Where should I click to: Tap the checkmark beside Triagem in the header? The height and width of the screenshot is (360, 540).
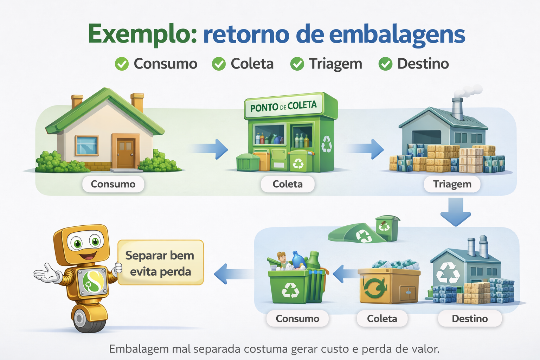click(297, 64)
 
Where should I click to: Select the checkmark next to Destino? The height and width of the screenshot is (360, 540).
click(385, 64)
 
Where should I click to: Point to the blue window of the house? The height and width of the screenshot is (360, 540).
click(86, 145)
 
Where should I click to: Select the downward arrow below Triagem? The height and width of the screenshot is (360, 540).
click(456, 212)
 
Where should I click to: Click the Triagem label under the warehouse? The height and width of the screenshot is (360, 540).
click(452, 184)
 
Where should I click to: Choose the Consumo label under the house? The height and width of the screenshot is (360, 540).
click(113, 184)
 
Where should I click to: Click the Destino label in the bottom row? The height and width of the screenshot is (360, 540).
click(470, 319)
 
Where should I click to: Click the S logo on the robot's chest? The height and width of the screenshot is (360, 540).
click(93, 282)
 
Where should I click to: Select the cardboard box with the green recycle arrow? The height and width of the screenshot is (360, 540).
click(388, 287)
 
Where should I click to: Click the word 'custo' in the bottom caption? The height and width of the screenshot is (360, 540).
click(336, 349)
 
